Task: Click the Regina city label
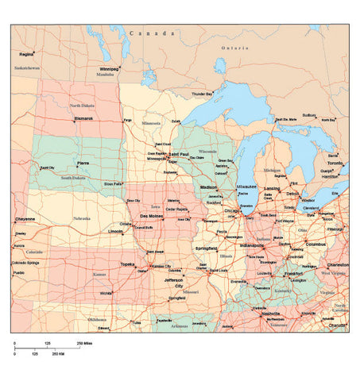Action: [26, 54]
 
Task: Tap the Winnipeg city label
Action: [108, 69]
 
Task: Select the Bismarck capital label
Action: [83, 118]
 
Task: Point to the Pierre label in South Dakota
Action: [83, 163]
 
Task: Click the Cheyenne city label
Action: [25, 218]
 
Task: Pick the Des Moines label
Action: [152, 216]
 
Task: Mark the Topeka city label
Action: [127, 264]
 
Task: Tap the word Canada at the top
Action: [152, 34]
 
